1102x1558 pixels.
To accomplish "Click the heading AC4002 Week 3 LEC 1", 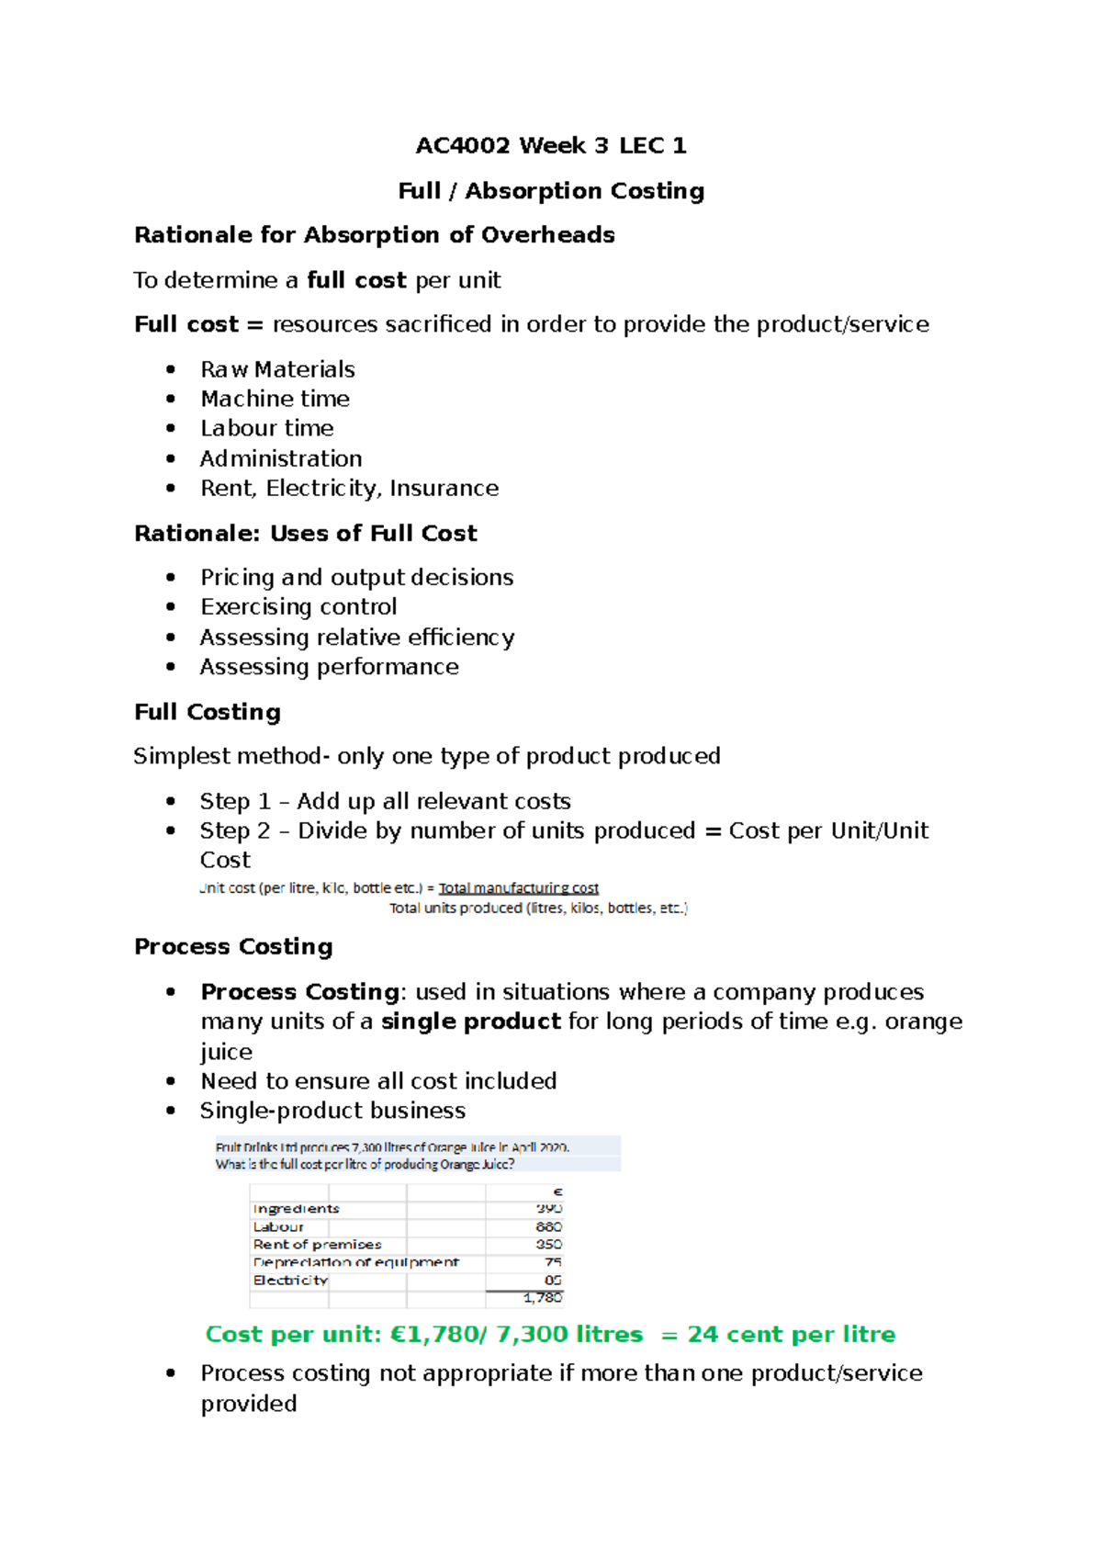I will pyautogui.click(x=550, y=145).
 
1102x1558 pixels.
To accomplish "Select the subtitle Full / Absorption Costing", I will pyautogui.click(x=550, y=190).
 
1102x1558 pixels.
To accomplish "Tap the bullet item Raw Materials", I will pyautogui.click(x=277, y=369).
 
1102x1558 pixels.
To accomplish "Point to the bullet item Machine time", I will pyautogui.click(x=275, y=399).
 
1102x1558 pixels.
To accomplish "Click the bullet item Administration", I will pyautogui.click(x=280, y=458).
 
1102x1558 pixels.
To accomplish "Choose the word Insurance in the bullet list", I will pyautogui.click(x=444, y=488).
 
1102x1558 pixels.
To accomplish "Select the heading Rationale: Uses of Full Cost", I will pyautogui.click(x=305, y=533).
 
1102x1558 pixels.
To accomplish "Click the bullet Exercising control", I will pyautogui.click(x=298, y=607).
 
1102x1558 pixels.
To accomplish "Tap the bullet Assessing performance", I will pyautogui.click(x=329, y=667).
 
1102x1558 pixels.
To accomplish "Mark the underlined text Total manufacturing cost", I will pyautogui.click(x=518, y=888).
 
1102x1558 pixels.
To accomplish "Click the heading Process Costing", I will pyautogui.click(x=233, y=946).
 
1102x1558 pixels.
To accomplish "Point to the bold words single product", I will pyautogui.click(x=470, y=1022).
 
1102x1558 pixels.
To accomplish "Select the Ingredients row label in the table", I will pyautogui.click(x=296, y=1209).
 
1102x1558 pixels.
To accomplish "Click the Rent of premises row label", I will pyautogui.click(x=317, y=1245).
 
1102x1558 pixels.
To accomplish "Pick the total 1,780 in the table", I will pyautogui.click(x=542, y=1298).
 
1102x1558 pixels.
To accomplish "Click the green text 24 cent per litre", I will pyautogui.click(x=791, y=1334).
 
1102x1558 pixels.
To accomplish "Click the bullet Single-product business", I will pyautogui.click(x=332, y=1111).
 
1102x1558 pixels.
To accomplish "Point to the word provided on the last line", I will pyautogui.click(x=249, y=1404).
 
